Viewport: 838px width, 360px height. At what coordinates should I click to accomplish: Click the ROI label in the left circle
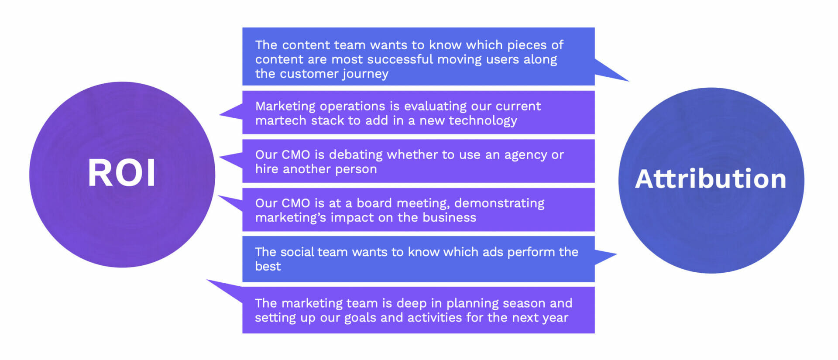(122, 173)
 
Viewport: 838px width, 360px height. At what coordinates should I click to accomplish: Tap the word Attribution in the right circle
(711, 178)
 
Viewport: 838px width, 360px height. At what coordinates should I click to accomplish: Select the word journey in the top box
(365, 74)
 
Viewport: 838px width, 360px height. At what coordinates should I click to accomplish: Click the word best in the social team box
(268, 266)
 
